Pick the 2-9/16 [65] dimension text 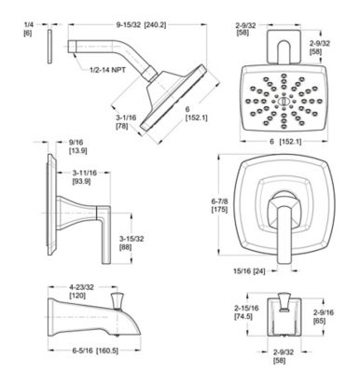click(x=325, y=314)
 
